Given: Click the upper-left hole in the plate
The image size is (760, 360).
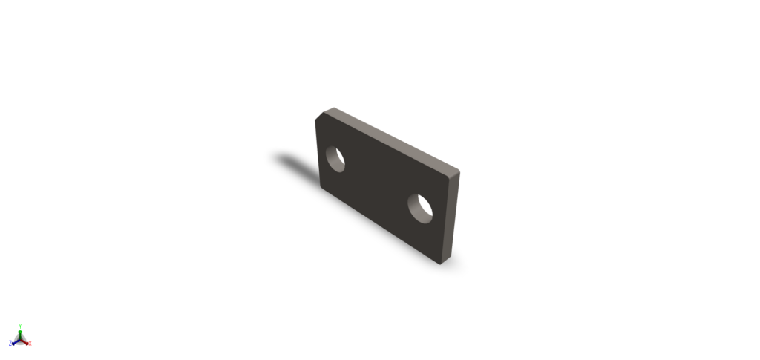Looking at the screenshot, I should click(x=337, y=160).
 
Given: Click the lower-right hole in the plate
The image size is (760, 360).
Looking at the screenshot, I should click(x=421, y=208).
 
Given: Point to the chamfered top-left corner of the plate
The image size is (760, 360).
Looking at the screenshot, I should click(x=321, y=116).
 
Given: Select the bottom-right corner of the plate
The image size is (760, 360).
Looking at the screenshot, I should click(x=442, y=263).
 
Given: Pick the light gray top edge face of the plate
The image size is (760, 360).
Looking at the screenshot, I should click(x=393, y=139).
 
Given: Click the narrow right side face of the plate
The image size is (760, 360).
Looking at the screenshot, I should click(x=452, y=215).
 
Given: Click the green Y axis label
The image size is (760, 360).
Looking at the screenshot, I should click(x=20, y=324).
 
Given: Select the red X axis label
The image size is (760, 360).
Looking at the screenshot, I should click(x=30, y=343).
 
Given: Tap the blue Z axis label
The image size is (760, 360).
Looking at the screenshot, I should click(x=10, y=343).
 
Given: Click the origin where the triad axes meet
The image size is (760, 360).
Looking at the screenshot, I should click(x=20, y=338).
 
